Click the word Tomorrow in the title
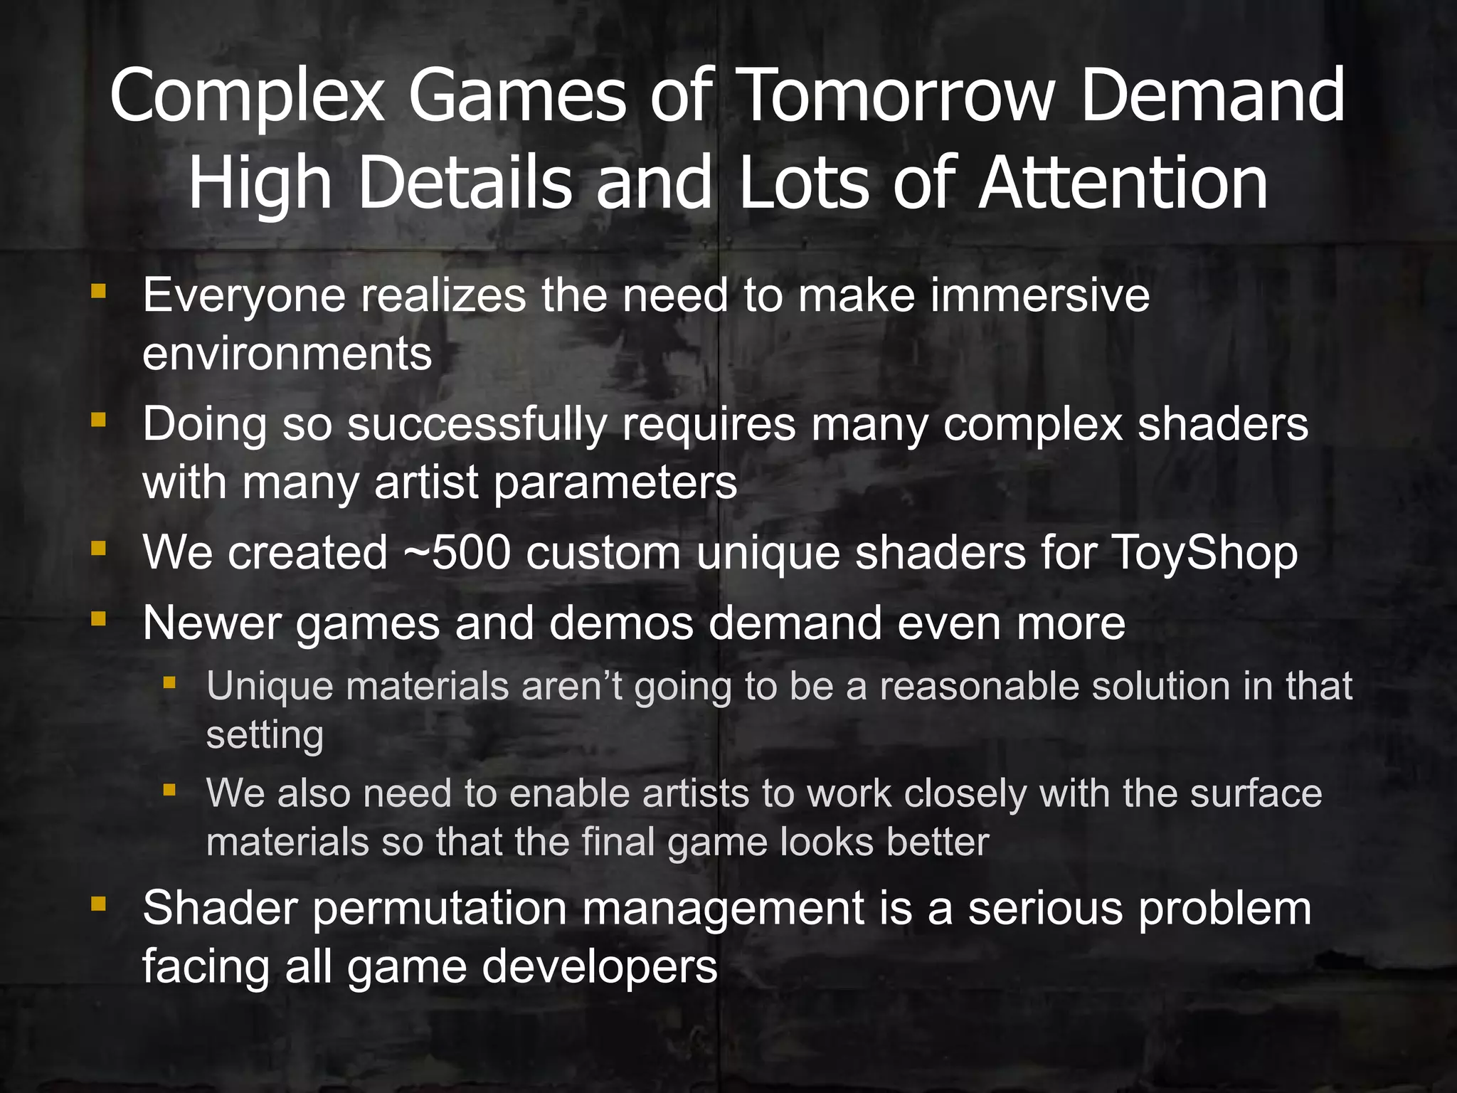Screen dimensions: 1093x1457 (895, 96)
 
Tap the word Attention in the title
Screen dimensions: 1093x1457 (1123, 184)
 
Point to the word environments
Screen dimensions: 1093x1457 (287, 354)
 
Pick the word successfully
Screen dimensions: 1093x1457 (477, 426)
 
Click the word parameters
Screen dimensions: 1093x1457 (615, 483)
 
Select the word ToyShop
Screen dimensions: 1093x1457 (1204, 554)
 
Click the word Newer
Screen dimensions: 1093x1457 (211, 623)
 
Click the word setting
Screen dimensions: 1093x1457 (265, 736)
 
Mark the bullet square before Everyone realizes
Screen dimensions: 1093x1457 (98, 291)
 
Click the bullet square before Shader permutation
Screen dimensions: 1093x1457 (98, 904)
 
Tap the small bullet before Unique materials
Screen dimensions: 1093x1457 (169, 684)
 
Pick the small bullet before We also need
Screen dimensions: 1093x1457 (169, 790)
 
